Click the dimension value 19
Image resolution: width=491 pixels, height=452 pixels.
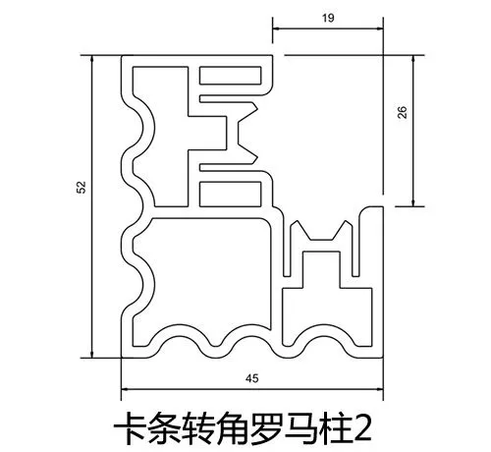pos(328,18)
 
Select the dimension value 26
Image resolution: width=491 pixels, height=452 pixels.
pos(403,112)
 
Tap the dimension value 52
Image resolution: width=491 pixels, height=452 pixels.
pos(81,187)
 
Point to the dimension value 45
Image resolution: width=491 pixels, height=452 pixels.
pos(251,378)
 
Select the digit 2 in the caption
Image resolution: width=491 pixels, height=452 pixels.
pos(363,428)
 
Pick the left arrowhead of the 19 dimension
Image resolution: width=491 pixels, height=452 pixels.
pos(276,28)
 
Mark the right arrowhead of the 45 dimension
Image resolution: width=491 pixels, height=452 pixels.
pos(379,389)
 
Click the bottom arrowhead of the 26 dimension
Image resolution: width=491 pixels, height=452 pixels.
pos(413,202)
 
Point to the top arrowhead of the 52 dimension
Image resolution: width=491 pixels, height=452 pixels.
pos(92,59)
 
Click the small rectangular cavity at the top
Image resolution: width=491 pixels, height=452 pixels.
pos(231,76)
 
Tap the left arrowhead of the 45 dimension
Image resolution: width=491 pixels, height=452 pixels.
pos(125,389)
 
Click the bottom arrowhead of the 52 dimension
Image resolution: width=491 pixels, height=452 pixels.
pos(92,354)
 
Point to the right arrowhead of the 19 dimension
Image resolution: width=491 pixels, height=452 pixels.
pos(379,28)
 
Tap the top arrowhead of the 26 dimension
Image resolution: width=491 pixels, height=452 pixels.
pos(413,59)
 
